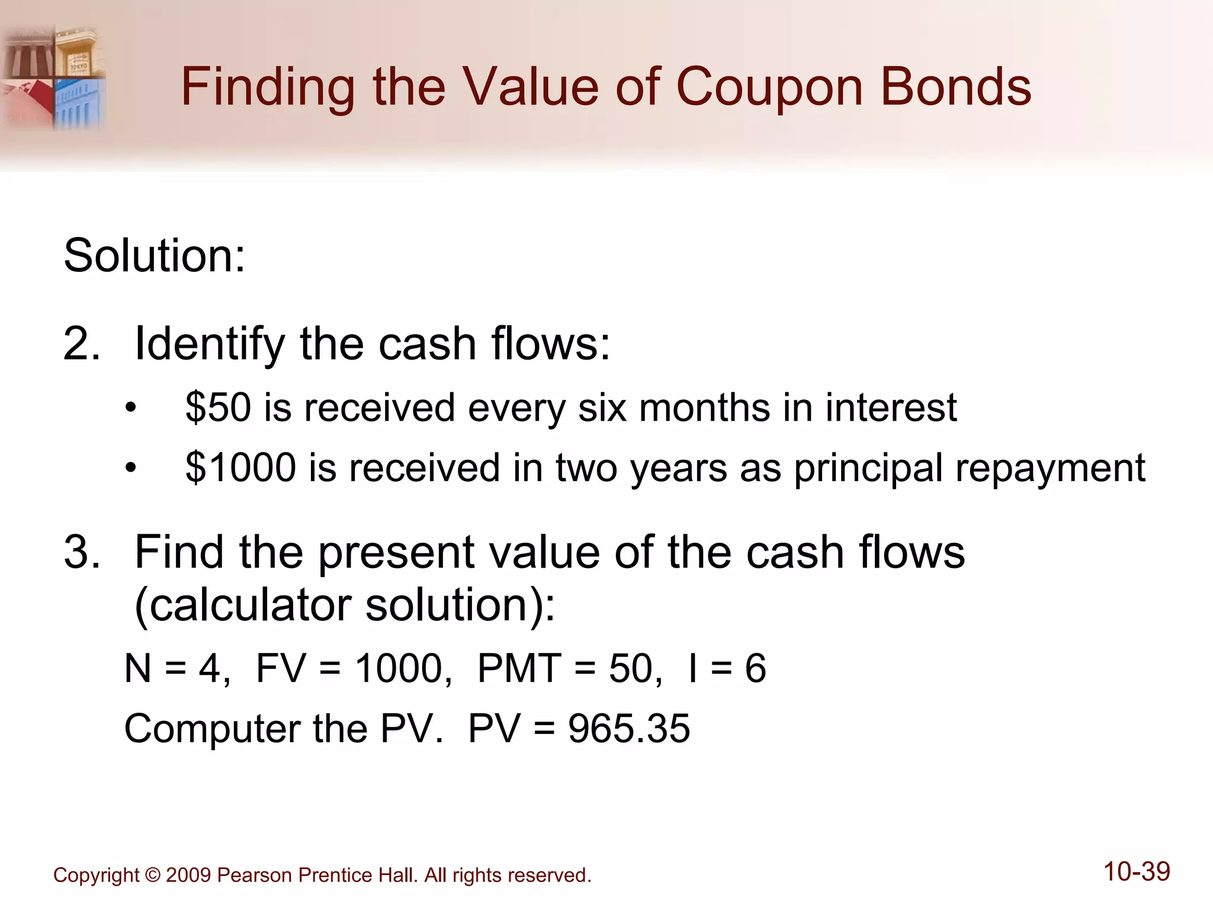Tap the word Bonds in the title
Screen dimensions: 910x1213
(x=956, y=87)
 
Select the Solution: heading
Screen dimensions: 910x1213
(x=154, y=255)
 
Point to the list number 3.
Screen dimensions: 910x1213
(x=82, y=552)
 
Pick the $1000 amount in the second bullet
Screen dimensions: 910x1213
(x=240, y=467)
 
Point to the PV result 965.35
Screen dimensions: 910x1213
(x=629, y=728)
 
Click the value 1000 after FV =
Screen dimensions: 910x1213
(x=399, y=668)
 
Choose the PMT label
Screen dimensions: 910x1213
(x=519, y=668)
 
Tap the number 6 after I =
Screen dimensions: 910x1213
(x=755, y=668)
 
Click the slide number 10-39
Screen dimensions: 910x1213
(x=1137, y=872)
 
